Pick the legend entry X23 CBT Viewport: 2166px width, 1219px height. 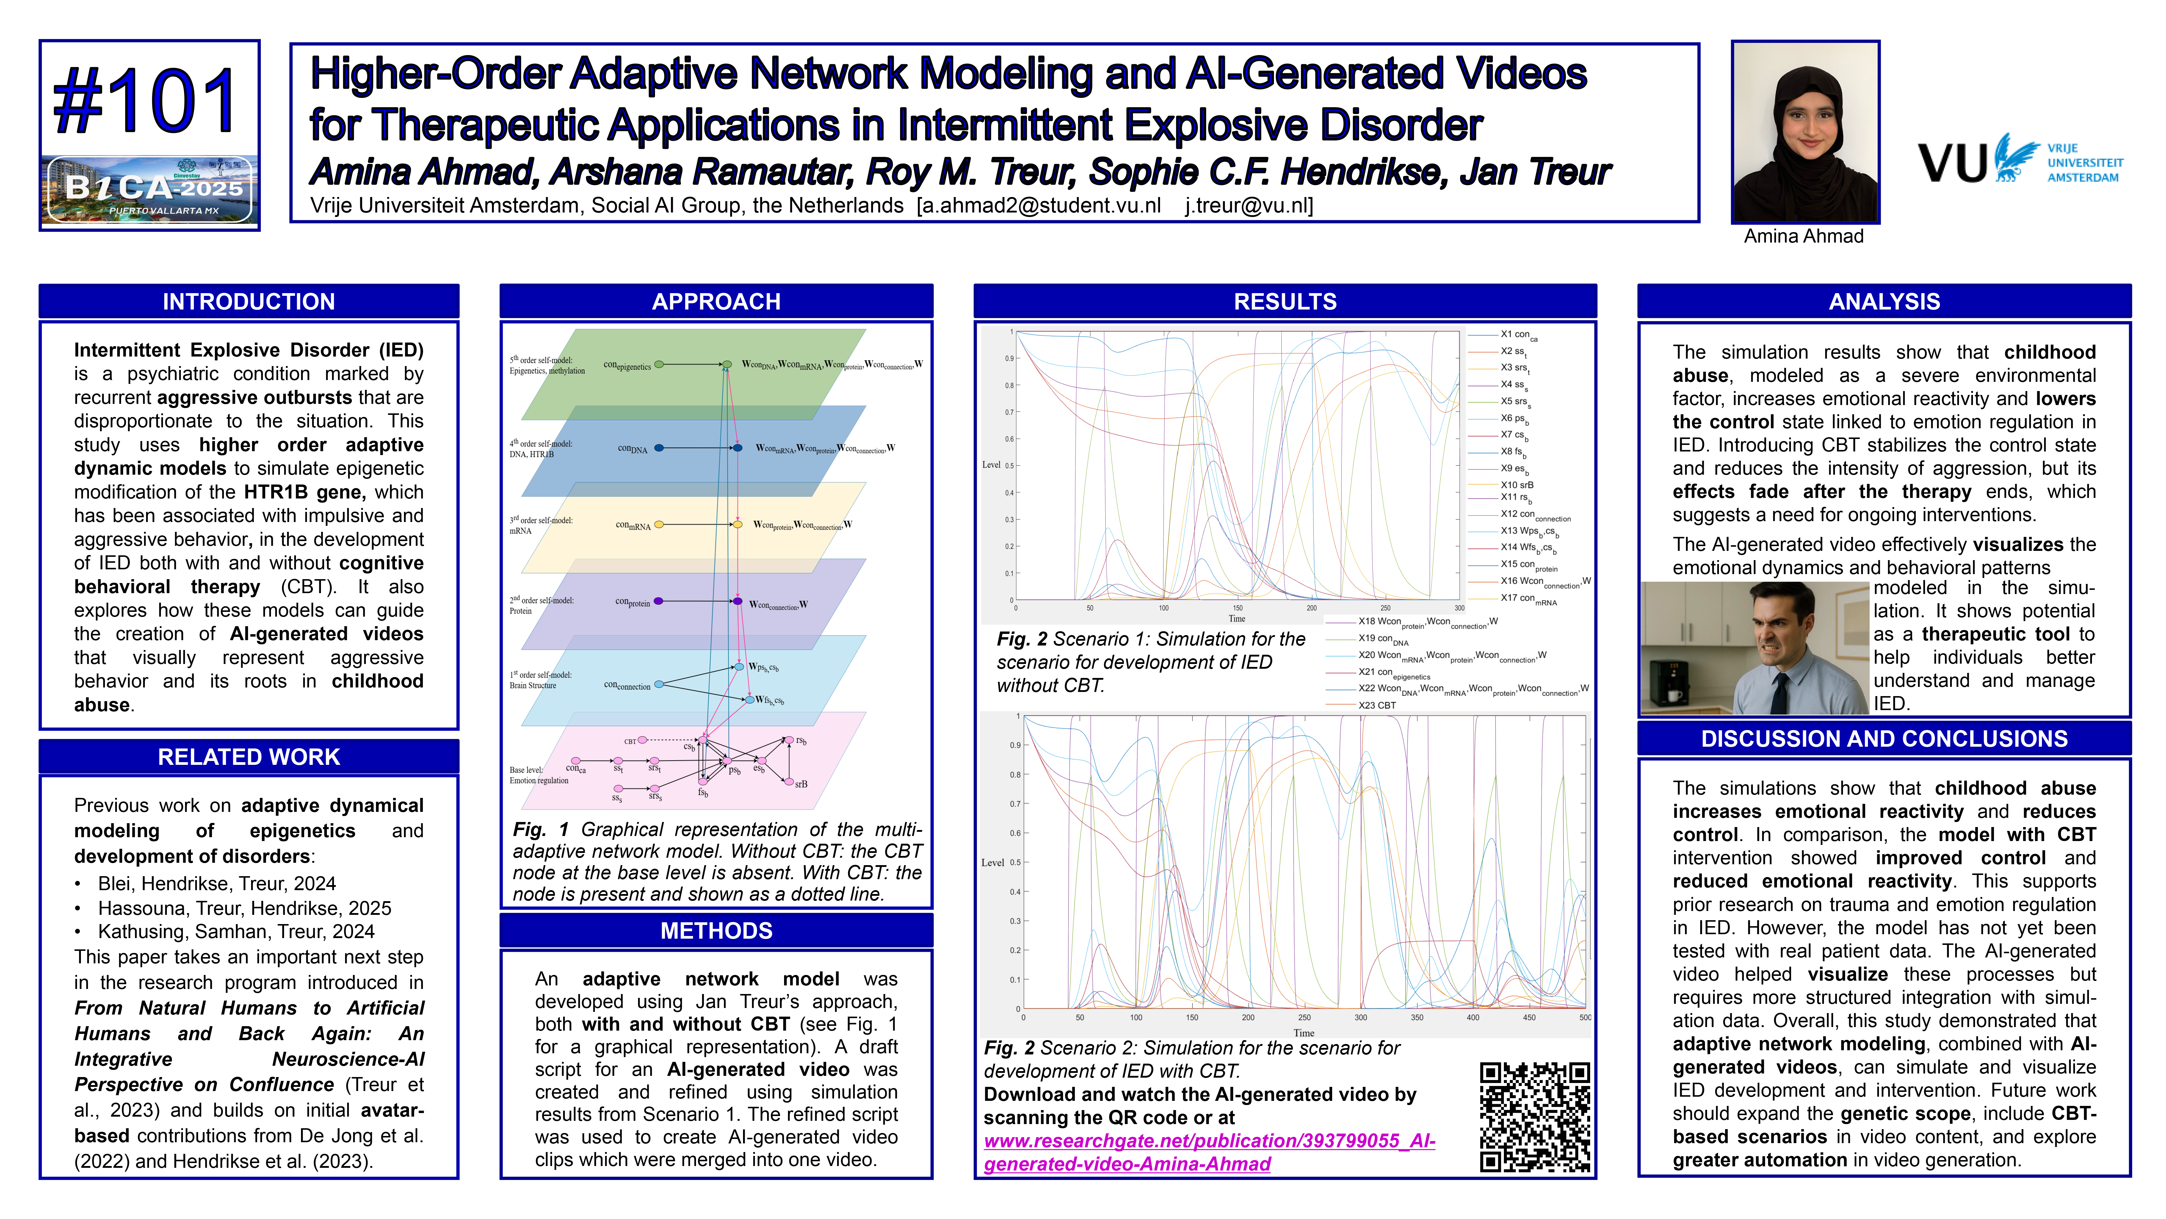click(1377, 705)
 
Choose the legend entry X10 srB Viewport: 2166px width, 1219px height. click(1517, 485)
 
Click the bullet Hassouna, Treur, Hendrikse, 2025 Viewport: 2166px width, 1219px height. click(244, 908)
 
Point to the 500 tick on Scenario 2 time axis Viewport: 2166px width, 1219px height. click(1584, 1017)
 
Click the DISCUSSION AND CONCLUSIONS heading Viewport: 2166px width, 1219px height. click(1883, 739)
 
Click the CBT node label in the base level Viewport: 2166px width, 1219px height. click(630, 741)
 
